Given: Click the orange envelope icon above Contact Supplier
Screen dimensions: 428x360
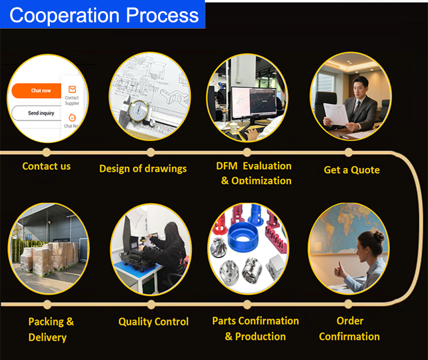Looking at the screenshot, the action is coord(72,89).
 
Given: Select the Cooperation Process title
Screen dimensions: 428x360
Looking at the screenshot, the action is coord(104,16).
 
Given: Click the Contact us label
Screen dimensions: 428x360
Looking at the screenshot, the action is coord(47,166).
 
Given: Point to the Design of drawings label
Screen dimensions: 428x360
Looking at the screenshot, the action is coord(143,168).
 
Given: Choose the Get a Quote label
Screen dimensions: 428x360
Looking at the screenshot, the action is coord(351,170).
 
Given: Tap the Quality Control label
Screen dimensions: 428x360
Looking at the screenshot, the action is coord(154,322).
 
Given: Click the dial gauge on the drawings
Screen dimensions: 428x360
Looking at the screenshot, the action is coord(138,111).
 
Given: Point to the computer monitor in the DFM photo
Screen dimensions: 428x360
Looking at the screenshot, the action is coord(254,103).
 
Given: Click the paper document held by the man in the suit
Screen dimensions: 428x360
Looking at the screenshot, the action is coord(335,114).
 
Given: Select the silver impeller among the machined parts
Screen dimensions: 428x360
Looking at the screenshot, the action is coord(219,247).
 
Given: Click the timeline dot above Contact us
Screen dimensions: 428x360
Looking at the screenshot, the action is coord(47,152).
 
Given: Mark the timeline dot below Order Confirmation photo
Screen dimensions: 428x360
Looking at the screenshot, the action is coord(348,304).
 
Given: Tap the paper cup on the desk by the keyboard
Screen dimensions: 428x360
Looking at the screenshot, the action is coord(234,128).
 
